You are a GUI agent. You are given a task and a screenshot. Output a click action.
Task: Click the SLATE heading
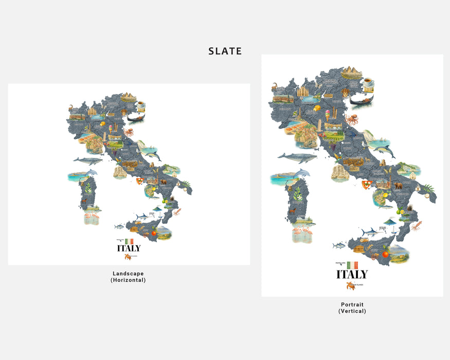pyautogui.click(x=225, y=51)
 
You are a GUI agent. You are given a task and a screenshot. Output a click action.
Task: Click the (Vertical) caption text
pyautogui.click(x=352, y=311)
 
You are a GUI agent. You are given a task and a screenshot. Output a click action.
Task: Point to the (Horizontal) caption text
pyautogui.click(x=128, y=280)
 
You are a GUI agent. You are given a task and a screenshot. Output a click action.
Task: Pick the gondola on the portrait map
pyautogui.click(x=361, y=100)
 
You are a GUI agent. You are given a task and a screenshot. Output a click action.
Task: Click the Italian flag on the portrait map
pyautogui.click(x=352, y=265)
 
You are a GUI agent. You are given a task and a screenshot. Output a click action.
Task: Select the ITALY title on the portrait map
pyautogui.click(x=352, y=274)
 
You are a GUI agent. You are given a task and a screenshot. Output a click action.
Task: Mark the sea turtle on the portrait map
pyautogui.click(x=350, y=285)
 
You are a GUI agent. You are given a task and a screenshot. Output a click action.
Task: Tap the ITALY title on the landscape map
pyautogui.click(x=129, y=248)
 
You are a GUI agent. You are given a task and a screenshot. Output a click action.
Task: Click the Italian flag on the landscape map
pyautogui.click(x=129, y=241)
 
